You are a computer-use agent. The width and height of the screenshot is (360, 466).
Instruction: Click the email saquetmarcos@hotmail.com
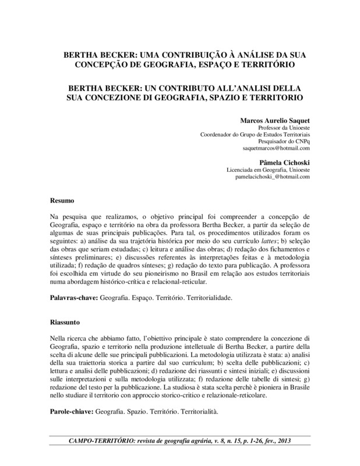coord(276,149)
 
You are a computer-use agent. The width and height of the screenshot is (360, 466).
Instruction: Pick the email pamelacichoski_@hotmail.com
coord(273,176)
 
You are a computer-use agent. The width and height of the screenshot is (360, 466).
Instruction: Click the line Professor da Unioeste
coord(283,127)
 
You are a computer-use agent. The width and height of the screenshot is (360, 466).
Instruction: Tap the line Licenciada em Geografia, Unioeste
coord(268,169)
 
